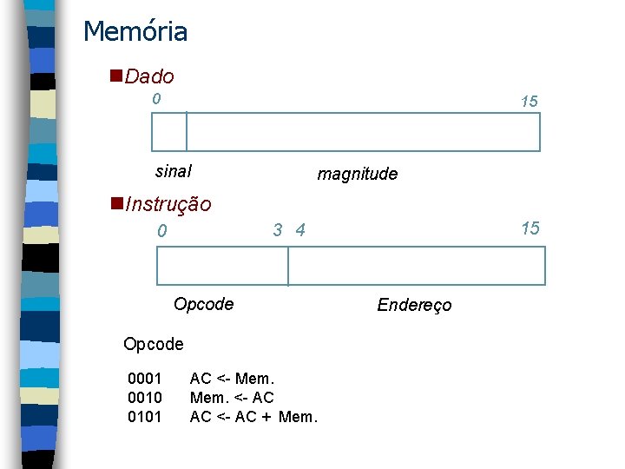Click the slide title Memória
tap(135, 32)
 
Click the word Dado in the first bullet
tap(149, 76)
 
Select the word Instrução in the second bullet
tap(168, 204)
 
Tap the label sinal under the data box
tap(173, 170)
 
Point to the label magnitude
tap(358, 174)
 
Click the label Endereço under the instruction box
tap(414, 304)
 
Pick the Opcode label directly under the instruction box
tap(203, 304)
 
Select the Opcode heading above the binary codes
tap(154, 344)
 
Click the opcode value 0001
tap(145, 379)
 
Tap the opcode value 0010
tap(145, 397)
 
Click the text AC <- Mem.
tap(232, 379)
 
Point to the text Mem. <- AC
tap(232, 397)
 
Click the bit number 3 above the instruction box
tap(278, 230)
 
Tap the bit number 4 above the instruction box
tap(300, 230)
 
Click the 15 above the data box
tap(529, 102)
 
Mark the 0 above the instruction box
tap(161, 231)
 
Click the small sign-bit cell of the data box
tap(169, 132)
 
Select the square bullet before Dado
tap(116, 76)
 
